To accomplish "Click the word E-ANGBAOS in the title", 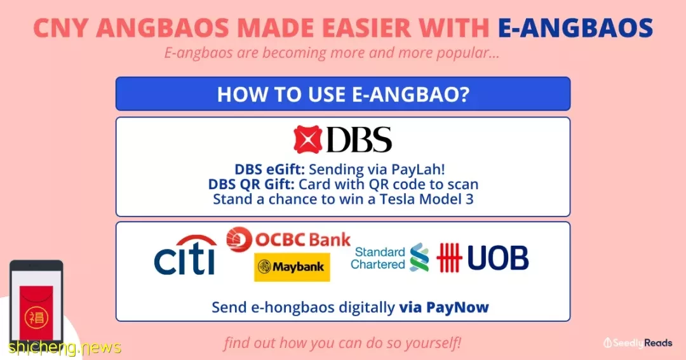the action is (x=575, y=28).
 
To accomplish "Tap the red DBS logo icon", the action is (x=307, y=140).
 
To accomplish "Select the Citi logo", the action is (x=185, y=255).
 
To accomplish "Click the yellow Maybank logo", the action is (x=292, y=267).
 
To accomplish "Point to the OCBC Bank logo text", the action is (x=303, y=239).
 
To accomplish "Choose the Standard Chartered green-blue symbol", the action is (x=419, y=257).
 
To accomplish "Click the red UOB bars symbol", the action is (x=449, y=258).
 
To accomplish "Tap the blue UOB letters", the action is (x=498, y=258).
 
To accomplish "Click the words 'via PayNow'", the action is (x=443, y=307).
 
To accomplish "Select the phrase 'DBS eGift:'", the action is (x=269, y=170).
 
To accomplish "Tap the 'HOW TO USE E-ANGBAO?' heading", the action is (x=343, y=94).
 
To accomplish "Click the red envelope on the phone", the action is (x=36, y=313).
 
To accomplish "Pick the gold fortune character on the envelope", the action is (x=36, y=317).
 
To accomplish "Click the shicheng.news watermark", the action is (x=65, y=347).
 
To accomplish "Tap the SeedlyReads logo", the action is (x=638, y=343).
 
